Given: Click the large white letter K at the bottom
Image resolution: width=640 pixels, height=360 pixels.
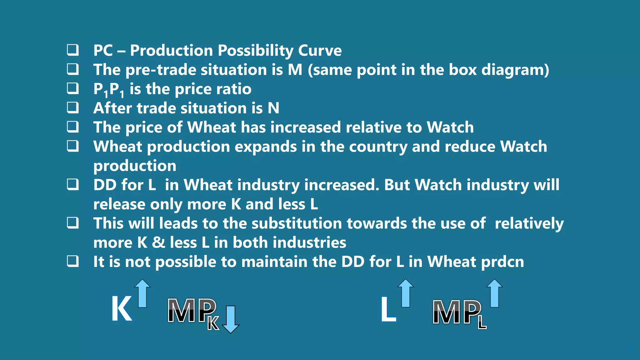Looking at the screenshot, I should click(x=122, y=309).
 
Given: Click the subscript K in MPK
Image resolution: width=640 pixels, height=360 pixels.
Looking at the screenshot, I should click(x=213, y=324).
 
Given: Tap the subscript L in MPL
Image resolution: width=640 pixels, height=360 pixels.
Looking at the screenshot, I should click(x=482, y=323).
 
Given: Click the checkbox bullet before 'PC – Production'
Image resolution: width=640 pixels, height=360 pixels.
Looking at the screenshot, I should click(x=73, y=50).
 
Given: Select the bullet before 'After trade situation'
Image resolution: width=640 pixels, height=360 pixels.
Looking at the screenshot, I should click(x=73, y=107).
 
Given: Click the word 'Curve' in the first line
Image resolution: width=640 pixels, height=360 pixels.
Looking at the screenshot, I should click(x=320, y=50).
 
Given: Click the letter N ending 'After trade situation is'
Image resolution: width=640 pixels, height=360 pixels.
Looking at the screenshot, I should click(x=273, y=108).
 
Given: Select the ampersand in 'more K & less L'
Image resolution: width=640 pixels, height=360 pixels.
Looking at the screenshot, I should click(x=158, y=243).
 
